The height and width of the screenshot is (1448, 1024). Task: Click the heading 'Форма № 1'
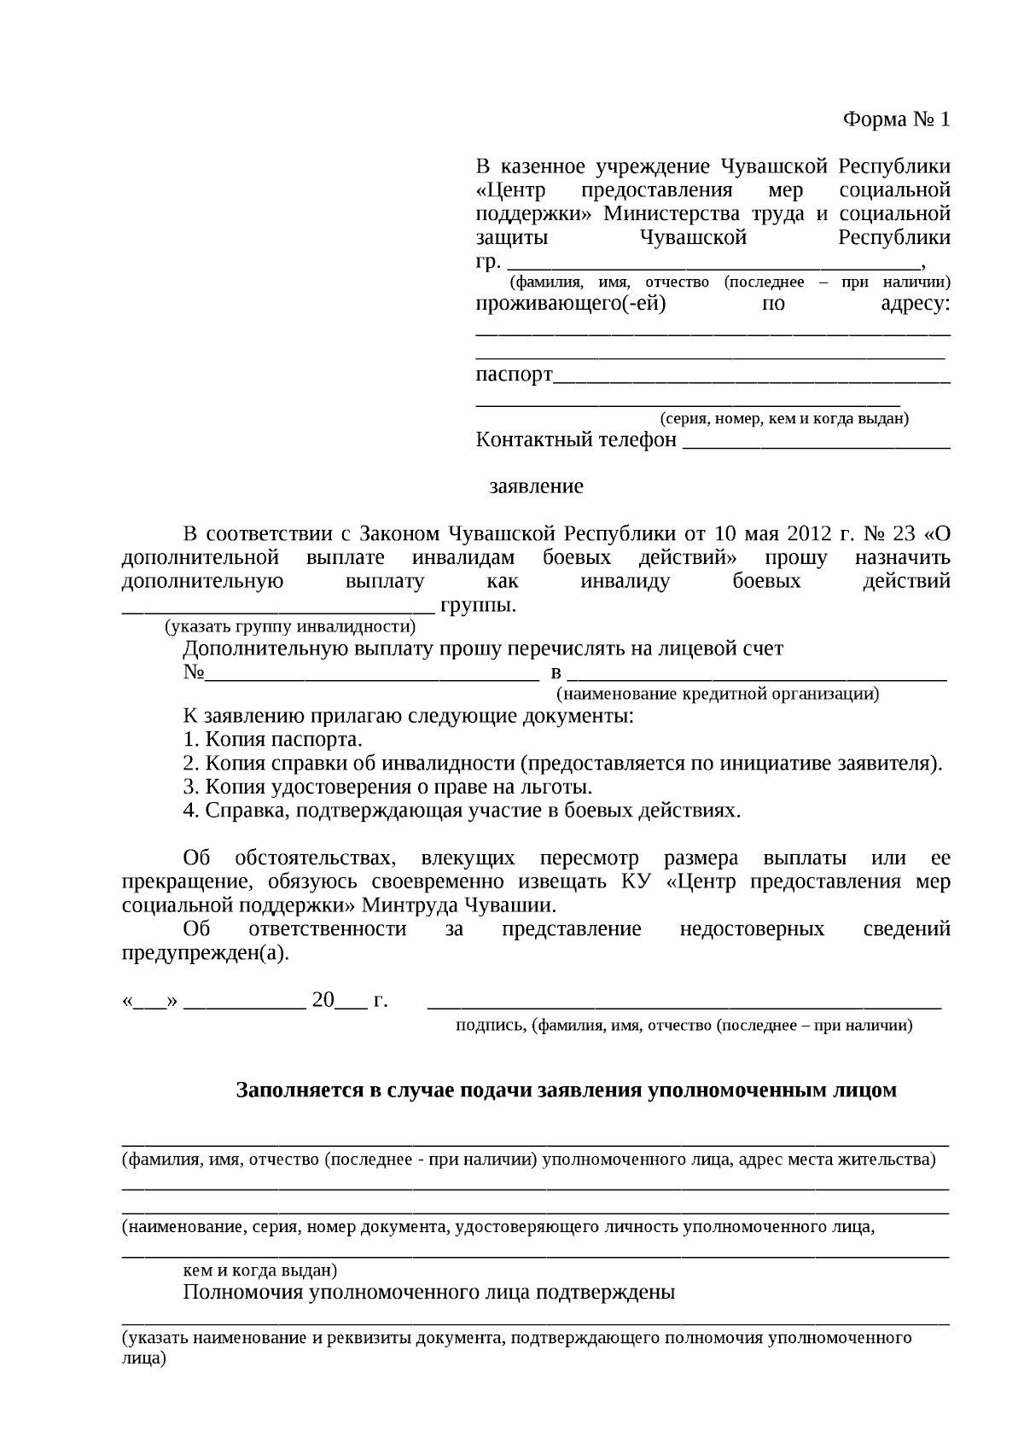(x=896, y=119)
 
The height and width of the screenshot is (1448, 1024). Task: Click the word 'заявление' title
(x=536, y=486)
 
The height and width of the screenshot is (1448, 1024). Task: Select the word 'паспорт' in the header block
(x=514, y=375)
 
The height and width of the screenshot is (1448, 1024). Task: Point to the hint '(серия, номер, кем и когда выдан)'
(x=783, y=419)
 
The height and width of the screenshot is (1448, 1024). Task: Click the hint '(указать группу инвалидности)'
(x=290, y=627)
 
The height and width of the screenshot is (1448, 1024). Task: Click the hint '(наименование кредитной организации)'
(x=717, y=694)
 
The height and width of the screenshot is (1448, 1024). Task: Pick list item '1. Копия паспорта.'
(x=273, y=740)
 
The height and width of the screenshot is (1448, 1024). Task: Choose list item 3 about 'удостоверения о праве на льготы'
(x=387, y=787)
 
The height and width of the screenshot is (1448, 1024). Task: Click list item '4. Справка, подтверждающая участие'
(x=462, y=810)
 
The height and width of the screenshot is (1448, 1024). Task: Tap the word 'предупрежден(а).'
(x=206, y=953)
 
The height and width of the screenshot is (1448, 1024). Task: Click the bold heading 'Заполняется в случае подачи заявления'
(x=566, y=1090)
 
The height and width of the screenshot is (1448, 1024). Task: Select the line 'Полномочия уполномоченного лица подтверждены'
(x=428, y=1292)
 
